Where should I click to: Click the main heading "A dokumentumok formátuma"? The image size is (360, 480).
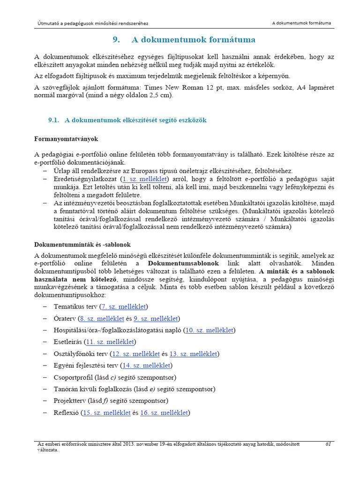194,39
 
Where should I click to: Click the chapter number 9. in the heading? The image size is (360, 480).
117,39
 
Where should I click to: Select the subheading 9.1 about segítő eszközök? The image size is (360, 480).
127,120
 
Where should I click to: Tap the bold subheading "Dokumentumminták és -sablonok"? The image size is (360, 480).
82,245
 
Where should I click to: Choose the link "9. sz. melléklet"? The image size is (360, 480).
156,318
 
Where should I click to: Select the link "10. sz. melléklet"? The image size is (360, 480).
209,330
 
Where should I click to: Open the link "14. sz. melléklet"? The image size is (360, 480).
146,365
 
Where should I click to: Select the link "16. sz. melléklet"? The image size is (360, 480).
164,412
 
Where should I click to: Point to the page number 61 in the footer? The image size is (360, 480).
328,444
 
